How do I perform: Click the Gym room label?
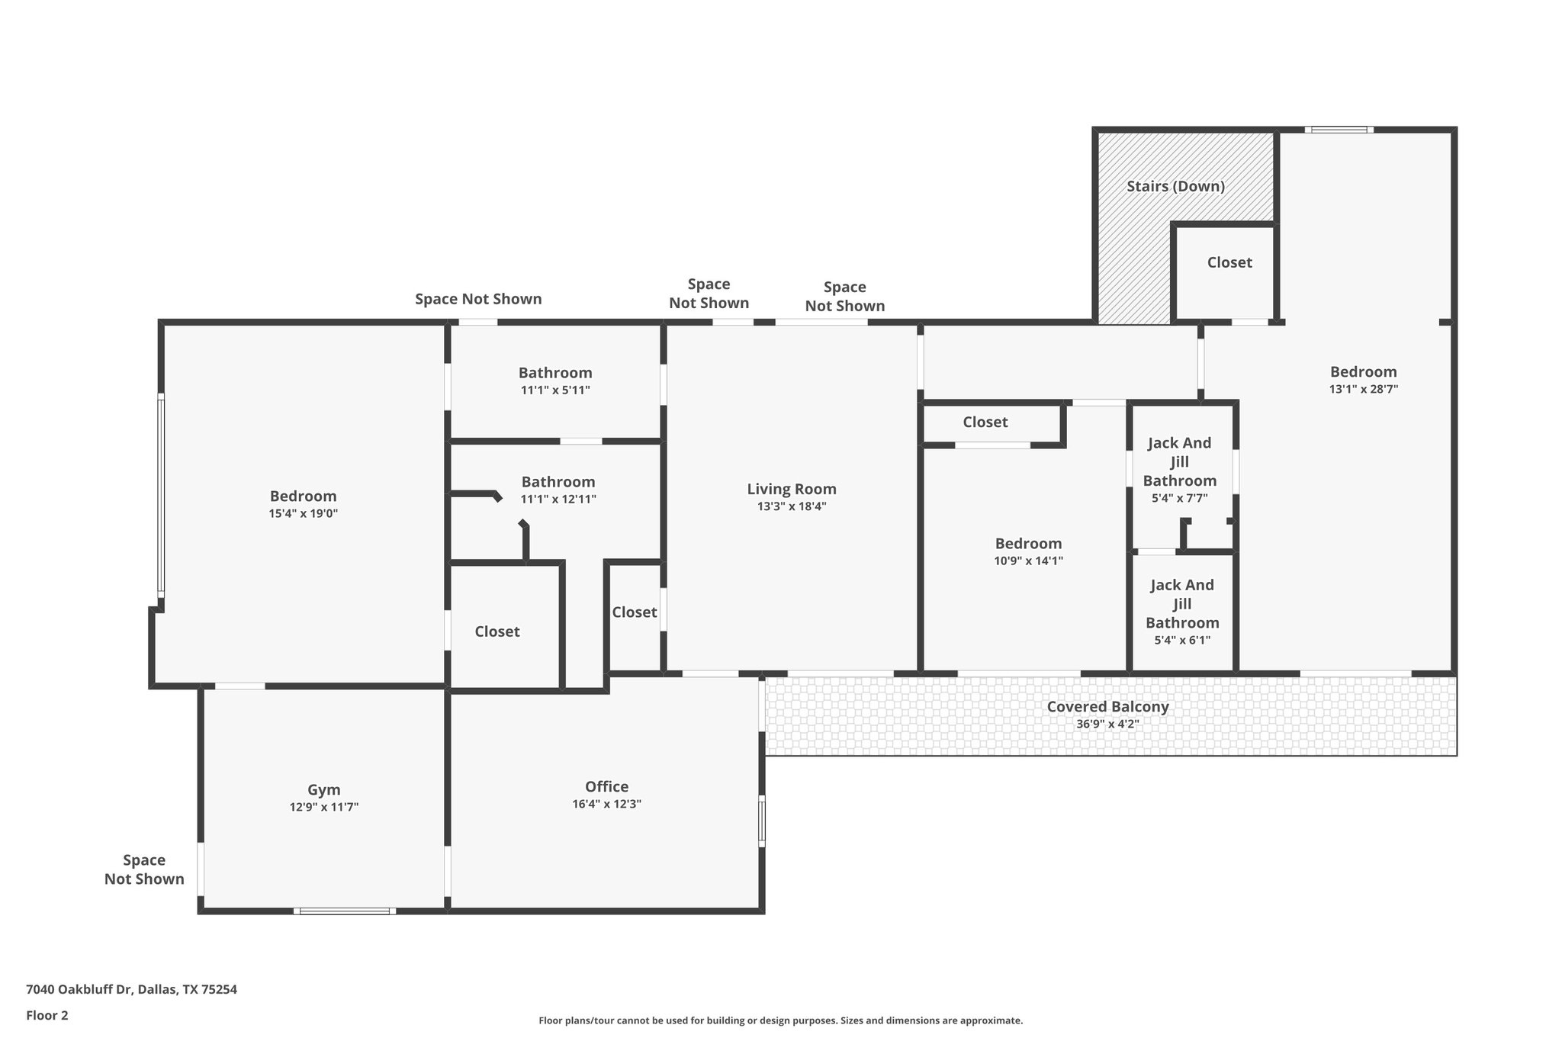coord(323,790)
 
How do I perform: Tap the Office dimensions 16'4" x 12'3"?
coord(607,804)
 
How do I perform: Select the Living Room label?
coord(792,489)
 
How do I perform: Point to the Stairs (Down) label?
coord(1175,186)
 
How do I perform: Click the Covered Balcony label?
coord(1107,706)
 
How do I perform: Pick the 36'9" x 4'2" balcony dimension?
coord(1107,724)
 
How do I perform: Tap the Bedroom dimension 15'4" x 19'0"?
coord(303,513)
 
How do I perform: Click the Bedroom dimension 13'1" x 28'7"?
coord(1363,389)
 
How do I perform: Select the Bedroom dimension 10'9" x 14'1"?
coord(1028,561)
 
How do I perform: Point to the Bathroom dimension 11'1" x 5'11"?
coord(555,390)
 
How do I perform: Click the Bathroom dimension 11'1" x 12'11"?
coord(558,500)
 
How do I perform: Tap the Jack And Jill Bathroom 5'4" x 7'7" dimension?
coord(1179,498)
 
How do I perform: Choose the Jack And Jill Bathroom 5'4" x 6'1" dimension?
coord(1182,640)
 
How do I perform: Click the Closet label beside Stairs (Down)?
coord(1229,262)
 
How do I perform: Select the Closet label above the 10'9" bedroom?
coord(985,422)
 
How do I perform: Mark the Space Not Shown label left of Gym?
coord(144,869)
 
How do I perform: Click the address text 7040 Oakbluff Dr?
coord(79,990)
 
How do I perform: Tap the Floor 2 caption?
coord(47,1015)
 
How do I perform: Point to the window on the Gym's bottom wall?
coord(345,911)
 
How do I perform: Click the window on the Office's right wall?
coord(761,821)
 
